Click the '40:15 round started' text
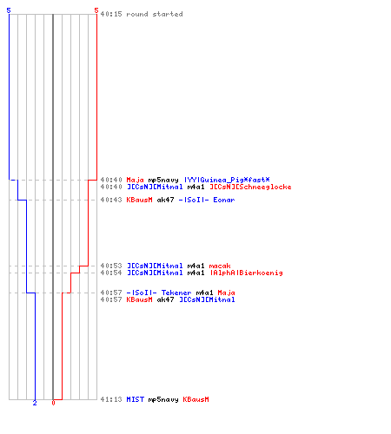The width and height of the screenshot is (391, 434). (142, 14)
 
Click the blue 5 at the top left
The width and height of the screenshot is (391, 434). (9, 10)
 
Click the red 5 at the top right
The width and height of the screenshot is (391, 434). (96, 10)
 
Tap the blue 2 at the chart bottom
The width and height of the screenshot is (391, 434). (35, 403)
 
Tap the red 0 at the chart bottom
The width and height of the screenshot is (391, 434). (53, 403)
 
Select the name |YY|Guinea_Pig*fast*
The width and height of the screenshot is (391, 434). (227, 180)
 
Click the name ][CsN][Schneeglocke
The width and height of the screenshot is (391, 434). (250, 187)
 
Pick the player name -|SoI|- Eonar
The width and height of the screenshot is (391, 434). (207, 200)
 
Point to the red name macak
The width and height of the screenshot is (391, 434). (220, 266)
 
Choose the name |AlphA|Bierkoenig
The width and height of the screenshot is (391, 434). (246, 273)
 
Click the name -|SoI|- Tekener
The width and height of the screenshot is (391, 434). (159, 293)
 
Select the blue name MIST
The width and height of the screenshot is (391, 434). (136, 399)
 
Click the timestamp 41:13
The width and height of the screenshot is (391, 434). (111, 399)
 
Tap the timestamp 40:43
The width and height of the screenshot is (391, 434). (111, 200)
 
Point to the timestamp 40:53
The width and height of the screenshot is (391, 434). (111, 266)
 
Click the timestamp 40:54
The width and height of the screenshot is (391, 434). (111, 273)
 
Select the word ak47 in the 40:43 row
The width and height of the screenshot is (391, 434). (165, 200)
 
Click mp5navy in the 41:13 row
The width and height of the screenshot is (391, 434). (163, 399)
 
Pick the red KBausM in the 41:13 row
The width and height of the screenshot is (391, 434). (195, 399)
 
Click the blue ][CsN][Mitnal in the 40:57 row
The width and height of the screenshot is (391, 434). (207, 299)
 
